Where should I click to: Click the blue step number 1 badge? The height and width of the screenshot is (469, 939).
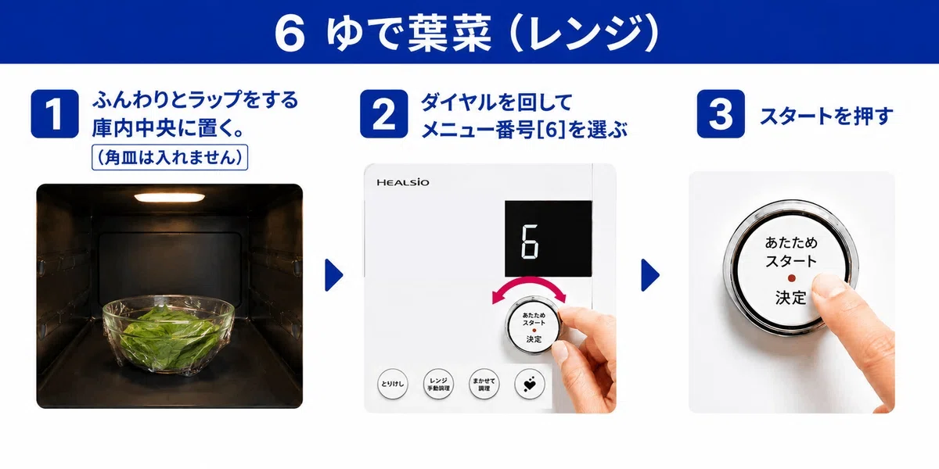pos(55,113)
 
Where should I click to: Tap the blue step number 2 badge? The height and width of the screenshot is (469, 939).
pos(383,113)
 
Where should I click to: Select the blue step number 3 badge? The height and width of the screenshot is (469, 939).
pos(721,113)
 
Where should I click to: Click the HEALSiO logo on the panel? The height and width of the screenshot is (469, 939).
pos(402,182)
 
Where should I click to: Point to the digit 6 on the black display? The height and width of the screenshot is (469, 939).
pos(530,242)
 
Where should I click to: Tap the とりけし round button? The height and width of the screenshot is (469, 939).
pos(392,384)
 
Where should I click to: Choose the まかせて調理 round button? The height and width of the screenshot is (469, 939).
pos(484,384)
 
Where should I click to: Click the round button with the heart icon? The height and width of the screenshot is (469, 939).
pos(530,384)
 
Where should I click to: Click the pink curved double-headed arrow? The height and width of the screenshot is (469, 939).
pos(529,281)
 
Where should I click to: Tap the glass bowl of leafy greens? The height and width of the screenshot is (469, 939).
pos(168,334)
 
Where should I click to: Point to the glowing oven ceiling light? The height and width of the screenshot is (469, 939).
pos(169,197)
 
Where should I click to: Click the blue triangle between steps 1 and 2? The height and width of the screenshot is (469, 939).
pos(333,275)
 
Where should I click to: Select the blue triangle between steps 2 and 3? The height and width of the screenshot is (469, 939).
pos(650,275)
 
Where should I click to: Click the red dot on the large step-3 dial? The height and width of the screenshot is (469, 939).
pos(791,278)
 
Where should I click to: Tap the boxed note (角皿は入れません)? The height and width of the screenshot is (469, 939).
pos(170,157)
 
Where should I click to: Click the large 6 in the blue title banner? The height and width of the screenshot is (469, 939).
pos(290,33)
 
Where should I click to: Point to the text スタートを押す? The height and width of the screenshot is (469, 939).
pos(826,116)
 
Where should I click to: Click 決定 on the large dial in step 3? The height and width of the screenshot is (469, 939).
pos(791,298)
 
